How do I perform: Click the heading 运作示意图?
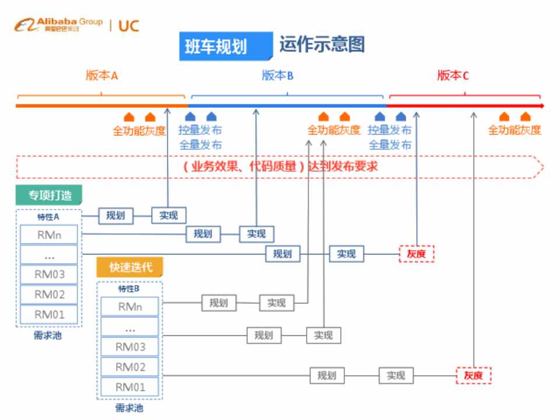click(x=322, y=45)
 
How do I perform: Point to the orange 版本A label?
click(x=102, y=76)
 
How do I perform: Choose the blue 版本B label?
click(x=277, y=76)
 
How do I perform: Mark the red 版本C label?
click(x=453, y=76)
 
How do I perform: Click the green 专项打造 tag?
click(x=48, y=195)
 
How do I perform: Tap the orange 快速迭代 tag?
click(x=130, y=267)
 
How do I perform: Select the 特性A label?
click(x=49, y=216)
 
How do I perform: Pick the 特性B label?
click(x=129, y=288)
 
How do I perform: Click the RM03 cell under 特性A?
click(x=49, y=274)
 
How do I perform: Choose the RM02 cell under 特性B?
click(x=129, y=367)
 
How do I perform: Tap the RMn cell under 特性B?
click(x=129, y=307)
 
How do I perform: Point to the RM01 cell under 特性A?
click(x=49, y=314)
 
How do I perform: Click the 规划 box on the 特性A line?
click(x=116, y=215)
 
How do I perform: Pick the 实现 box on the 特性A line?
click(x=169, y=215)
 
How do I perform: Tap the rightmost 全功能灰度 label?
click(x=514, y=130)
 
